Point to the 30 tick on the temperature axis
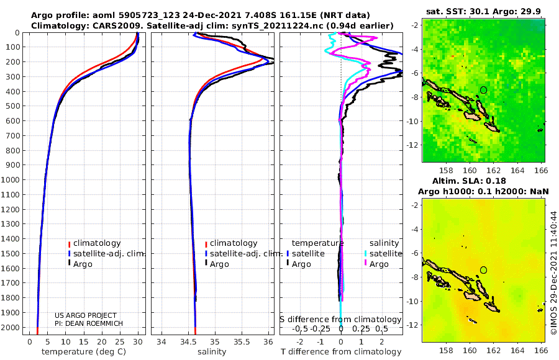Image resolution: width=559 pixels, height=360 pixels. tap(138, 342)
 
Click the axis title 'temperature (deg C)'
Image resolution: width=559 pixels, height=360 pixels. tap(84, 352)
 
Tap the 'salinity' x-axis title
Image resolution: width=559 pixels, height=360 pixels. tap(212, 352)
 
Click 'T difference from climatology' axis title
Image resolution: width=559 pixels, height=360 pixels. tap(341, 352)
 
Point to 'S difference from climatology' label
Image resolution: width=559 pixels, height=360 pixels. tap(340, 320)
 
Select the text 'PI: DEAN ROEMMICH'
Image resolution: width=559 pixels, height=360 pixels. tap(89, 323)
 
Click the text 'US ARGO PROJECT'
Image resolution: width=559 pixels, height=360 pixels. tap(86, 315)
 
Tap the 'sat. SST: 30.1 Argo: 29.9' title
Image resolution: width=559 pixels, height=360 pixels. tap(483, 12)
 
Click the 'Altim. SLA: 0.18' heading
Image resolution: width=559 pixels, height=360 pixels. tap(469, 181)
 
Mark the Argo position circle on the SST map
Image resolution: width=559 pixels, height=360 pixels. tap(483, 90)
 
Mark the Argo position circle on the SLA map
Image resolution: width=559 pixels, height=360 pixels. tap(483, 270)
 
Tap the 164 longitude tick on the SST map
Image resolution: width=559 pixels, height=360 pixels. tap(517, 170)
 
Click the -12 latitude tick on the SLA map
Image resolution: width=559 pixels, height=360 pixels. tap(412, 325)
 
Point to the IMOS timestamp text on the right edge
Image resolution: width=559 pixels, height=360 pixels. tap(553, 272)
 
